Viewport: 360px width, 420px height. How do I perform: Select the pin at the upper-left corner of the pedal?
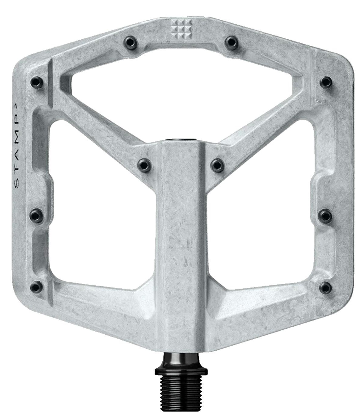point(36,82)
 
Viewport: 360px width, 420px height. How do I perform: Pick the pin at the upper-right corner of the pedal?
point(326,82)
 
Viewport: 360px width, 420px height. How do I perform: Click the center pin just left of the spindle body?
point(144,164)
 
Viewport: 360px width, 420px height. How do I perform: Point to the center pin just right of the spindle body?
point(217,164)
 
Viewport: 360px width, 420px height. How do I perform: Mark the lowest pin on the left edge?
point(36,286)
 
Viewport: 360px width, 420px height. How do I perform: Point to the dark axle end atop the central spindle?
point(181,140)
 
